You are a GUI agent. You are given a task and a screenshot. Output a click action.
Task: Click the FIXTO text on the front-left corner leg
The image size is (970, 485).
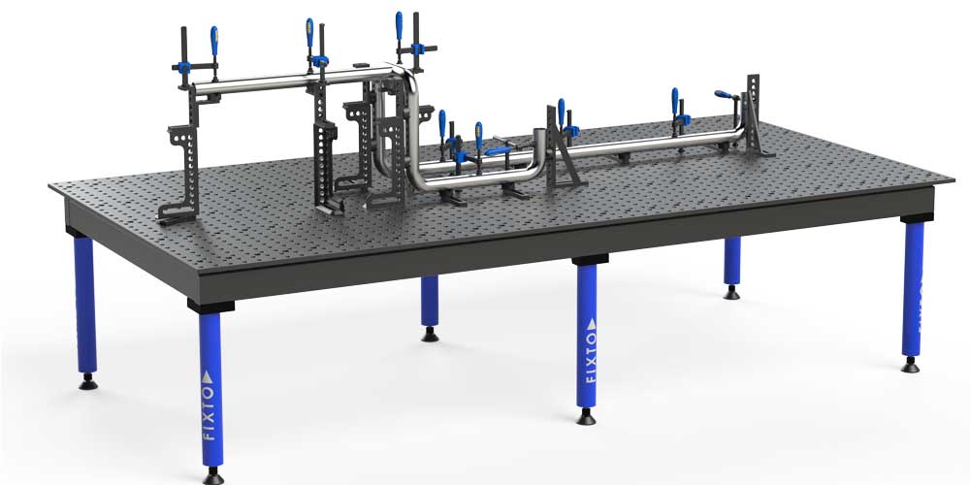(209, 413)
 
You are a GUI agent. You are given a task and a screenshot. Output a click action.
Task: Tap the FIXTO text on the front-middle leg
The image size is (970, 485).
(591, 358)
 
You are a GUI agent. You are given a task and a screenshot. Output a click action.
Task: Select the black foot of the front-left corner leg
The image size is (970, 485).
(213, 476)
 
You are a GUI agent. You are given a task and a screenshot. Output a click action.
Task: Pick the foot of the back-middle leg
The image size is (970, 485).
(430, 335)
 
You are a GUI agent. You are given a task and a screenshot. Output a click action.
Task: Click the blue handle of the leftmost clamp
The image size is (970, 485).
(214, 41)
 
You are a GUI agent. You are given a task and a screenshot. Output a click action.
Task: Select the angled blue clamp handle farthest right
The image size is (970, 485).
(724, 95)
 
